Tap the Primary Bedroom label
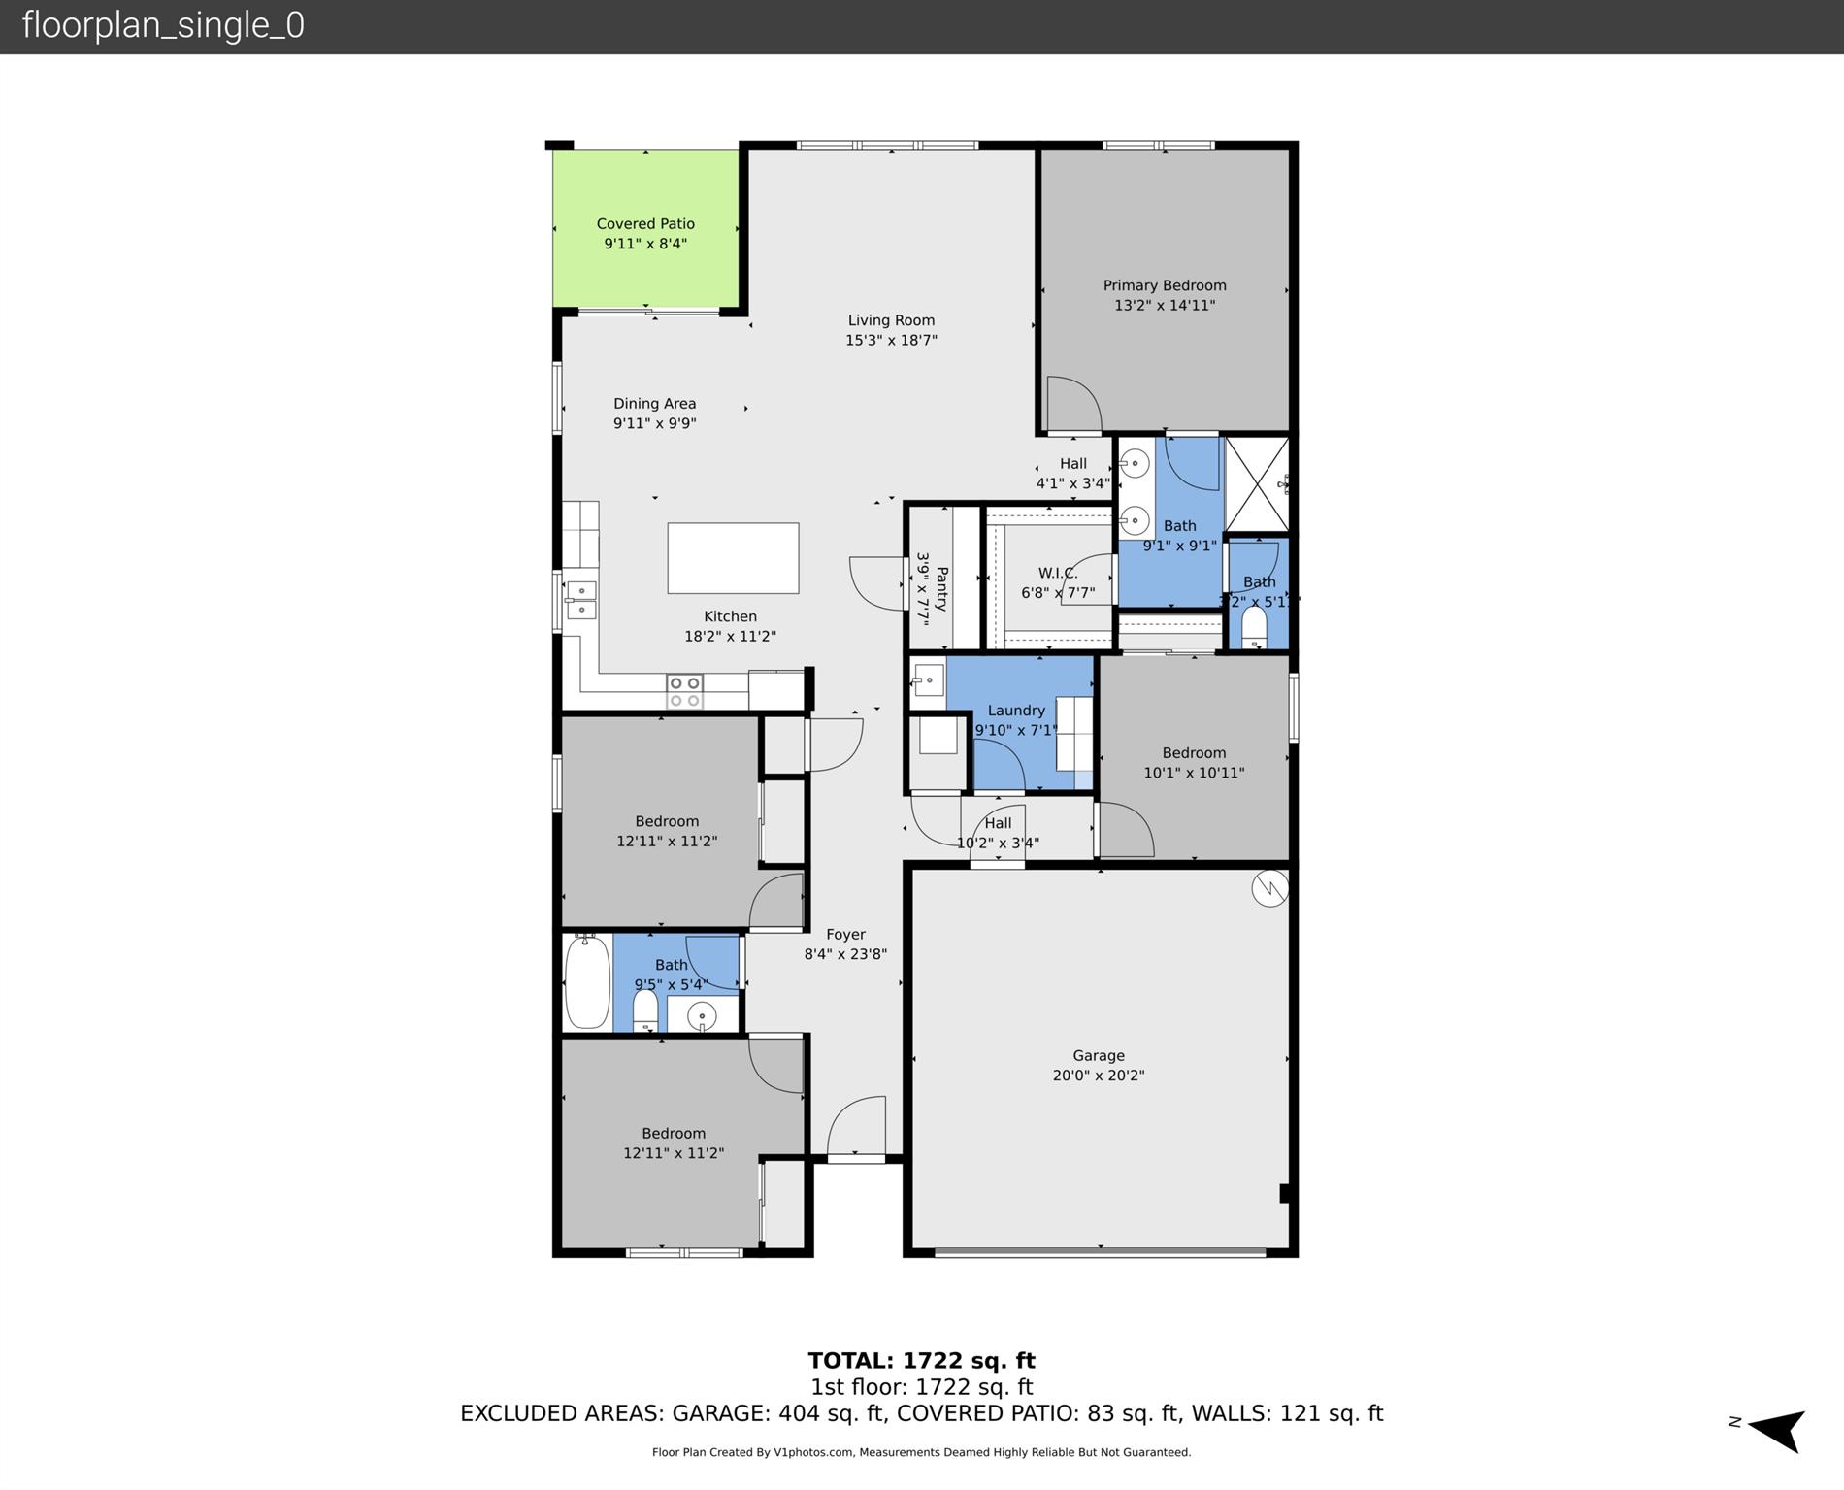coord(1164,285)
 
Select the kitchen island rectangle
coord(733,558)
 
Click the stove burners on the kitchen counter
coord(684,691)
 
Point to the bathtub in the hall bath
coord(587,982)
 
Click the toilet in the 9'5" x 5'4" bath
coord(645,1012)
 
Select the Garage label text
coord(1099,1055)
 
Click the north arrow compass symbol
coord(1776,1430)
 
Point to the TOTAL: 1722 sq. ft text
coord(921,1360)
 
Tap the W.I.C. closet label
coord(1058,573)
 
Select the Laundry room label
coord(1016,711)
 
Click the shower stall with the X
coord(1256,483)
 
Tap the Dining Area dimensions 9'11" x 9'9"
coord(654,423)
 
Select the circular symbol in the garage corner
coord(1269,888)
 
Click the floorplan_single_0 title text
coord(163,25)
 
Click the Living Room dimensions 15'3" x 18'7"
coord(891,340)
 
